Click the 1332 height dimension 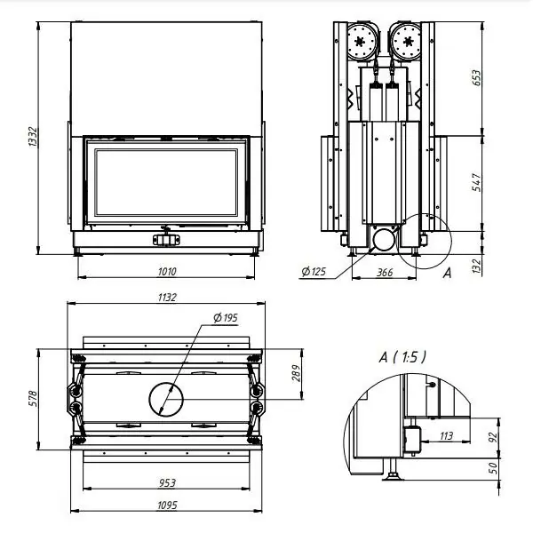(33, 137)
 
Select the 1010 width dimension (167, 272)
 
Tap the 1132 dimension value (167, 298)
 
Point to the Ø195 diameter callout (226, 318)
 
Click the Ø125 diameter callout (314, 271)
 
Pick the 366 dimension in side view (385, 273)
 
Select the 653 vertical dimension (476, 78)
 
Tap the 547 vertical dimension (476, 182)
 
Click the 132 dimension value (476, 266)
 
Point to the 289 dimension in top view (296, 373)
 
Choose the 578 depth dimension (33, 398)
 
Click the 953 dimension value (167, 483)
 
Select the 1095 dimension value (167, 505)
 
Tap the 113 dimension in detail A (446, 436)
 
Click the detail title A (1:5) (402, 357)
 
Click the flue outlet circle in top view (166, 399)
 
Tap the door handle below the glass (166, 239)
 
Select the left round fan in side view (362, 42)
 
